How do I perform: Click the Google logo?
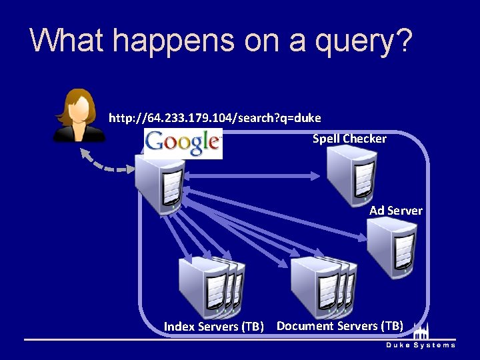point(183,143)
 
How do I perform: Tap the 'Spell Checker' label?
point(349,139)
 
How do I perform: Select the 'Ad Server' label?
point(396,211)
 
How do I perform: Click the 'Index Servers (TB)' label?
point(214,327)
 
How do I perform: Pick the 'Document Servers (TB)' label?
point(340,326)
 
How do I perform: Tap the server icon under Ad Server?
point(393,247)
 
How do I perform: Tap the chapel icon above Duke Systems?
point(421,331)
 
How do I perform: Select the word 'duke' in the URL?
point(309,118)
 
